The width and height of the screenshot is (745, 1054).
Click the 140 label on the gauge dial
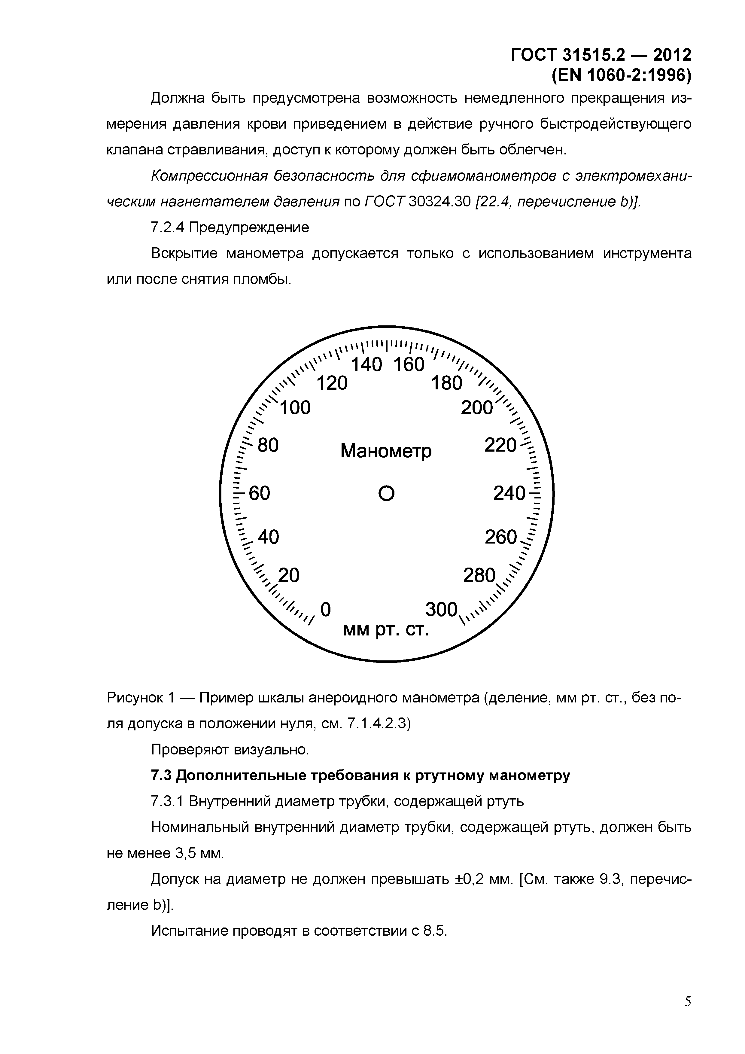click(366, 364)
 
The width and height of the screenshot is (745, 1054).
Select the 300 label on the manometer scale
click(442, 610)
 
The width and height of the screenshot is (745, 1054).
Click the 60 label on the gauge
click(259, 493)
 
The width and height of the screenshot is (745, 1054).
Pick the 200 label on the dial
click(476, 408)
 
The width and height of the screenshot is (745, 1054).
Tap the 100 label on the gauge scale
click(295, 408)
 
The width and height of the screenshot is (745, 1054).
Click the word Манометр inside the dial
click(386, 451)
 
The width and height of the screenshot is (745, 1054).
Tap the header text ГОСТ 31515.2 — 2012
click(601, 55)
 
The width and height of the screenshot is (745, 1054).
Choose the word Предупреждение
click(249, 227)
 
